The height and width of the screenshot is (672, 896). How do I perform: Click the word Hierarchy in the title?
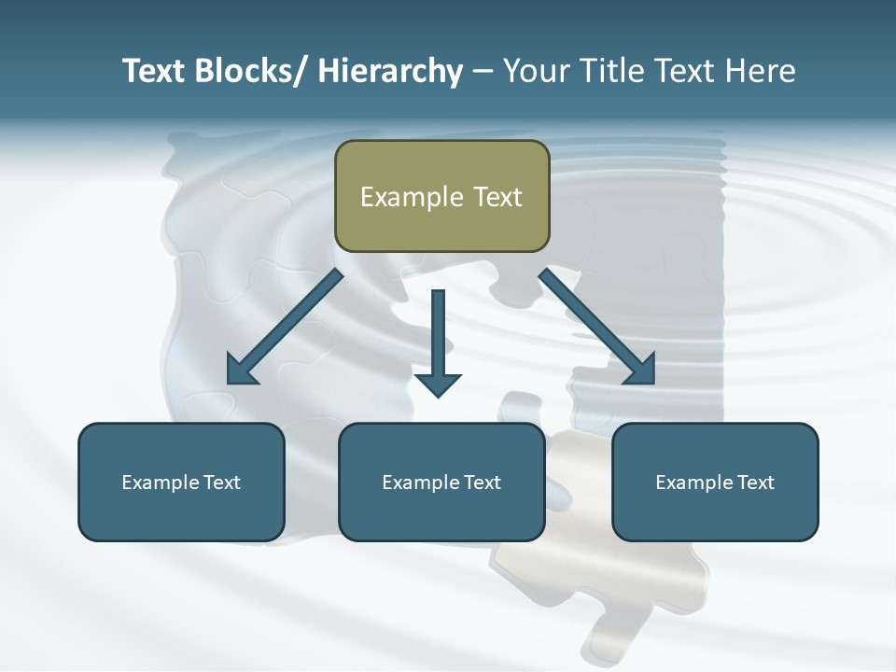[390, 72]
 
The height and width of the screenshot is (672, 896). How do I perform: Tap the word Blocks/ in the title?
[250, 72]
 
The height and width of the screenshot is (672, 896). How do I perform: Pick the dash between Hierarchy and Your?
[482, 73]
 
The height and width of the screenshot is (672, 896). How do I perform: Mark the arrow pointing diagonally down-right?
[598, 329]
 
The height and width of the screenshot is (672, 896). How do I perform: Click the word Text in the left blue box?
[221, 483]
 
